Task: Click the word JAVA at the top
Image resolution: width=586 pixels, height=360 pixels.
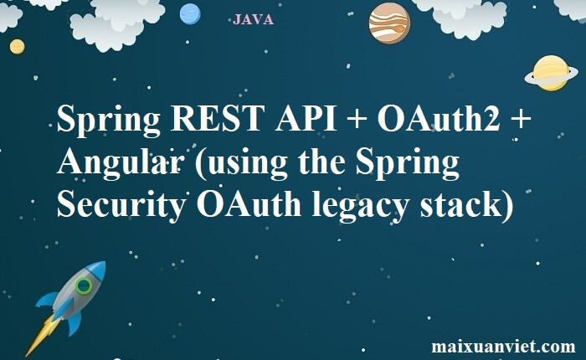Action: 253,19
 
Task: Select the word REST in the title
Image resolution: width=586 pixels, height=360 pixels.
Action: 218,119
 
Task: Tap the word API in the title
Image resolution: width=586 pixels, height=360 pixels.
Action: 306,119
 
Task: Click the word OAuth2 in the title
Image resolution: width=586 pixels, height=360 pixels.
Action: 439,118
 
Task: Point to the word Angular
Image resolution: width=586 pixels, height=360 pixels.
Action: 121,162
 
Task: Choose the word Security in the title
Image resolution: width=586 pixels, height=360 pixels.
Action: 121,205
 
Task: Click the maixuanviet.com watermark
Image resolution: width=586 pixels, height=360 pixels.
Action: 503,346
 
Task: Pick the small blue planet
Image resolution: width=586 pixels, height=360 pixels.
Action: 190,14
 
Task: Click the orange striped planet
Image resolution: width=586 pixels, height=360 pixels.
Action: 389,23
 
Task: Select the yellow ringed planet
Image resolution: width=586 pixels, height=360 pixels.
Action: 551,74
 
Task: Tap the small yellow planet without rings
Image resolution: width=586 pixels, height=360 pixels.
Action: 18,47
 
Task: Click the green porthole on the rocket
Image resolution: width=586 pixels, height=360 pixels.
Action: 84,286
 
